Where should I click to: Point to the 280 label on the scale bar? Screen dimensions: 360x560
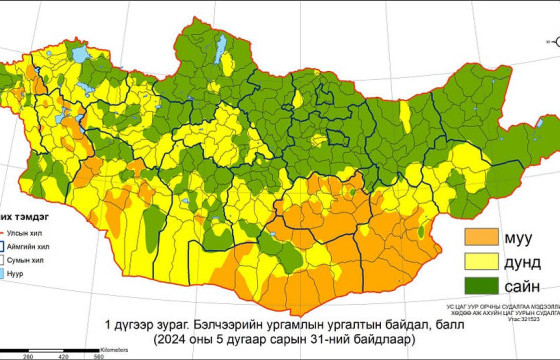click(28, 356)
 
